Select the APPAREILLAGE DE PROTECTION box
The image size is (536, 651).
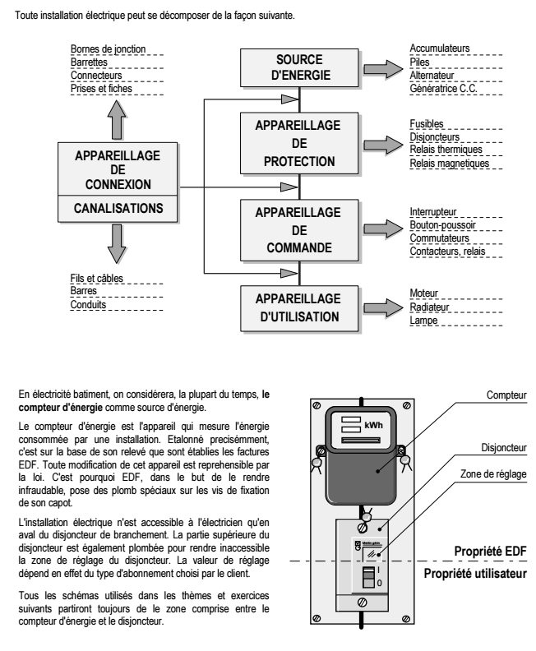pos(300,142)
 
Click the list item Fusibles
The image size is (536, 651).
pos(427,123)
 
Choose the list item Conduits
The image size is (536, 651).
pos(88,305)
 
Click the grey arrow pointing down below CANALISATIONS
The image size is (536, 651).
pos(118,243)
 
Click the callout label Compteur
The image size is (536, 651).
pos(506,395)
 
